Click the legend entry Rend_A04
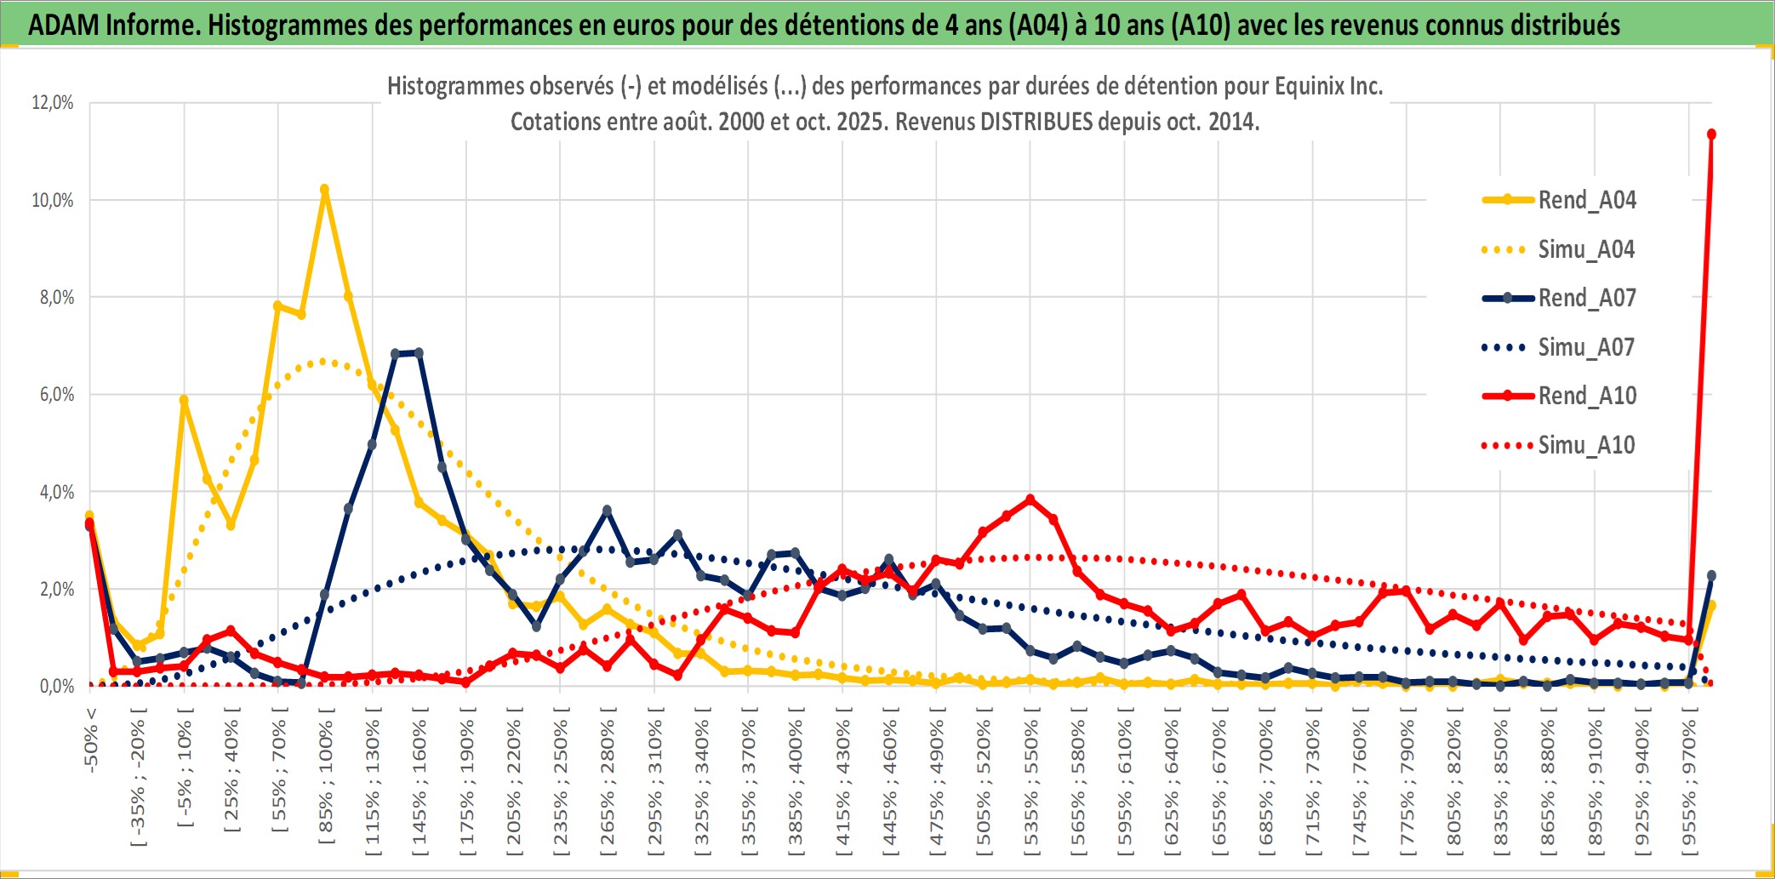pos(1586,201)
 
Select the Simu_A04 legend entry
pos(1586,250)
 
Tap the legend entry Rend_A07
pos(1586,299)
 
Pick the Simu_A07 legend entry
pos(1586,348)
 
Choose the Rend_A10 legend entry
pos(1586,397)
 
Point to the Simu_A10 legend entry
pos(1586,446)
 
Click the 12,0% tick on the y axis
pos(53,103)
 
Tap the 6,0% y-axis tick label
pos(56,395)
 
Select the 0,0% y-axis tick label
pos(56,687)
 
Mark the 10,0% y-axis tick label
pos(53,201)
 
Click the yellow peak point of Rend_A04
pos(324,190)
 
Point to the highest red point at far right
pos(1711,134)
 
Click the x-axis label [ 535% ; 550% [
pos(1031,783)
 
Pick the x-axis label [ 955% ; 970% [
pos(1689,783)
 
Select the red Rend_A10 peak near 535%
pos(1030,499)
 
